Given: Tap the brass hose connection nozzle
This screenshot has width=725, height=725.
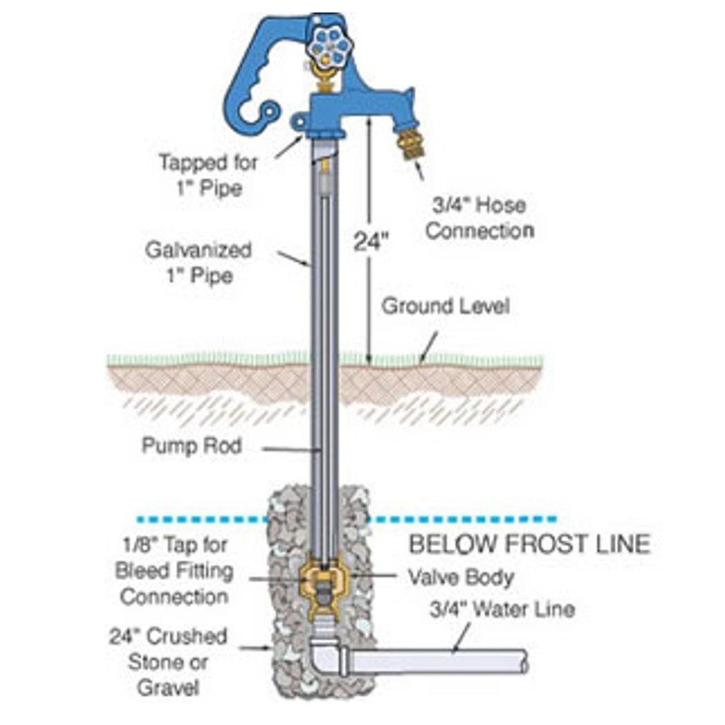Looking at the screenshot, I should click(x=411, y=143).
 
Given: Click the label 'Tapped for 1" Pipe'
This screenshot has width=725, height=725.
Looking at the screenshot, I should click(x=208, y=175).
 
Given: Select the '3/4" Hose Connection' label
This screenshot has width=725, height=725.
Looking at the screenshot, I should click(x=479, y=218).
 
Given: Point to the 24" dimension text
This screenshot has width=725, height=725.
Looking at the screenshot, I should click(x=371, y=241).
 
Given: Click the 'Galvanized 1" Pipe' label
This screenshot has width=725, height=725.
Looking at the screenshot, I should click(x=198, y=262).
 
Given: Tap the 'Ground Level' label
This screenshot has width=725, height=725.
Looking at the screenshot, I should click(x=445, y=307).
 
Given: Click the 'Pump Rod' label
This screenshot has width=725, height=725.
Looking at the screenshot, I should click(x=192, y=446).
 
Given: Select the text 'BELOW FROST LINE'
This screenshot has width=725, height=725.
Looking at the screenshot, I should click(x=530, y=544).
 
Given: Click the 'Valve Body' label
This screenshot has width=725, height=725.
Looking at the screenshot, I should click(x=460, y=577).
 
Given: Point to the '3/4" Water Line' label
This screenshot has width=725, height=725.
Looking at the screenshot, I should click(x=502, y=609).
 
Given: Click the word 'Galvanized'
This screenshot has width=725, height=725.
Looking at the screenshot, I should click(x=198, y=250).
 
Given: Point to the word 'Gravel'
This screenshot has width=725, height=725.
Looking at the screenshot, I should click(x=168, y=687).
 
